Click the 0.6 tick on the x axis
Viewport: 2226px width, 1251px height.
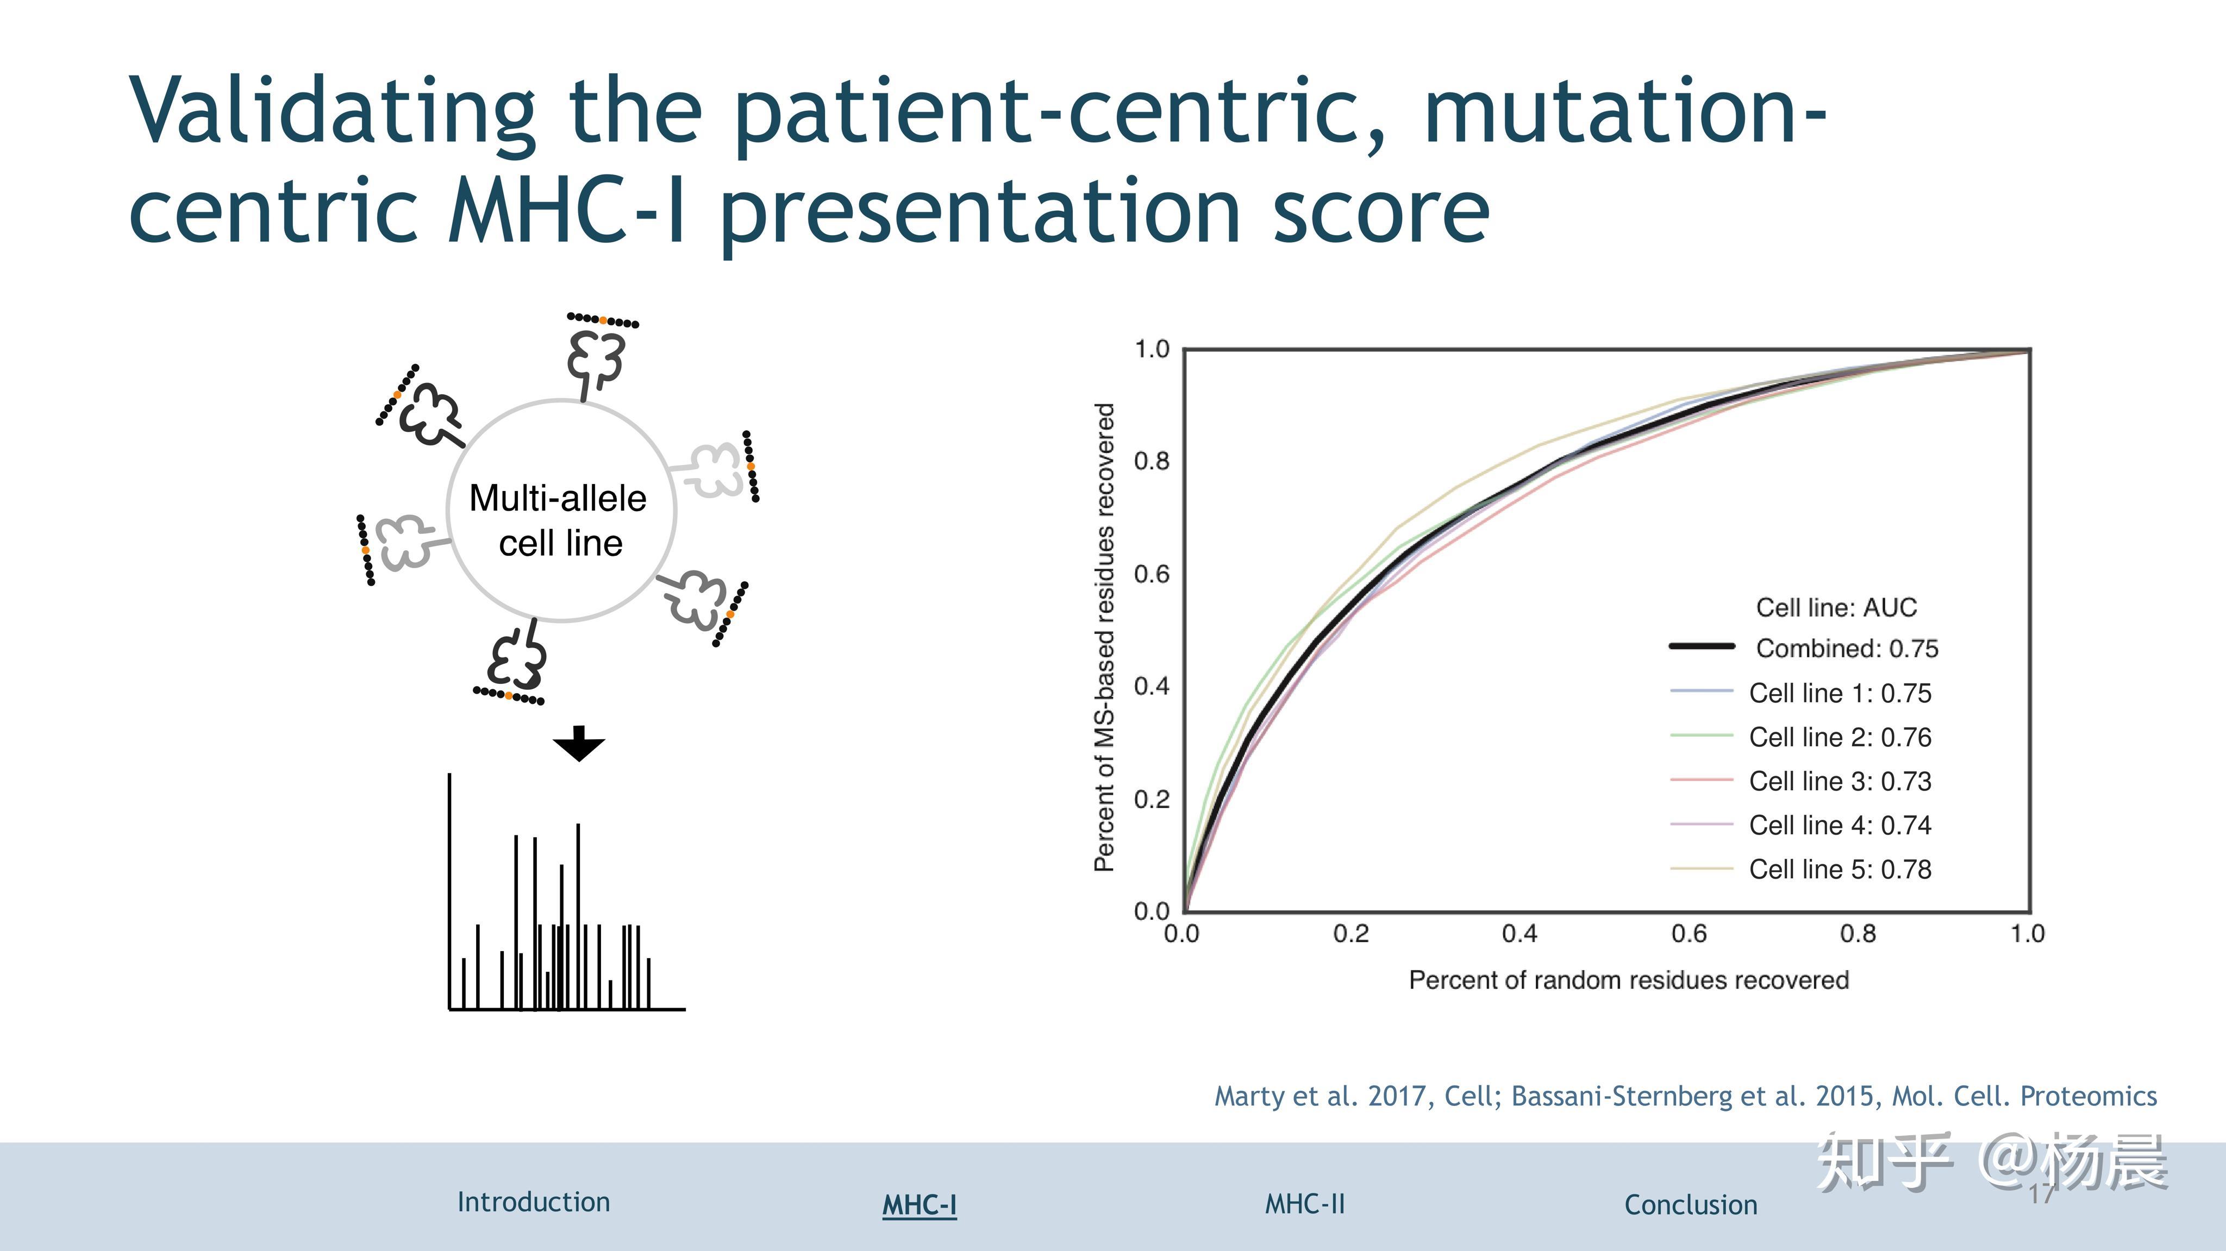1689,934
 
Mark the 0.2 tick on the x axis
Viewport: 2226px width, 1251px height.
1350,934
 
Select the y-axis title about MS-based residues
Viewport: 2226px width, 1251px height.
1104,638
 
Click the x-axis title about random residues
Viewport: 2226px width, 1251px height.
1629,980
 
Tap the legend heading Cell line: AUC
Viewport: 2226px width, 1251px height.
1836,607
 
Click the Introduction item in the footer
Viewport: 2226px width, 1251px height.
533,1202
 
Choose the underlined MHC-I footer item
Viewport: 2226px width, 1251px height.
920,1204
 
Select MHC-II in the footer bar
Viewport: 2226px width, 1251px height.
1305,1204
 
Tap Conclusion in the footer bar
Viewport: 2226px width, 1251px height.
1690,1204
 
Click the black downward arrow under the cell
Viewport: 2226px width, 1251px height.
579,743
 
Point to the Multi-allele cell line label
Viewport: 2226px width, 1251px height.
559,520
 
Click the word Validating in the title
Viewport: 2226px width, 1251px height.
333,112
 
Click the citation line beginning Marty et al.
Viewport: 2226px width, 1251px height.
1685,1096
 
